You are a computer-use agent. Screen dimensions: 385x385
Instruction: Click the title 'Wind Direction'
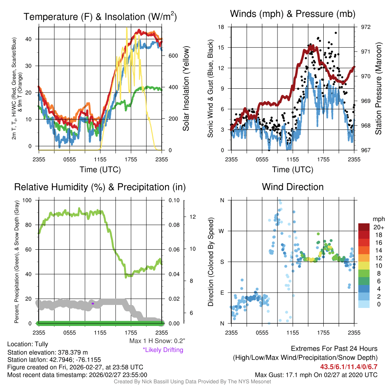(x=293, y=187)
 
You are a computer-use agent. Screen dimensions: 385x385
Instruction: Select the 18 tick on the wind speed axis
(x=221, y=27)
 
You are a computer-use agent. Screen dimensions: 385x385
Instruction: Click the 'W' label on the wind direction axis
(x=222, y=231)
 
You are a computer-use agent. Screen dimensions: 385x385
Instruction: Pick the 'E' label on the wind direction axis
(x=222, y=293)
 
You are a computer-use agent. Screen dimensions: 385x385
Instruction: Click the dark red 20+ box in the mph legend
(x=364, y=227)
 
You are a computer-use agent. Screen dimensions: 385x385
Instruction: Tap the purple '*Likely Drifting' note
(x=163, y=350)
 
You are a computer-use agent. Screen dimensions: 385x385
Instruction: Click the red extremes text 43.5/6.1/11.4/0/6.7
(x=349, y=367)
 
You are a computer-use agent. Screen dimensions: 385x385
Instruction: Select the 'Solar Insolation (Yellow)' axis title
(x=186, y=89)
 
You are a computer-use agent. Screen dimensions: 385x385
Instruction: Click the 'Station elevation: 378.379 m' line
(x=47, y=352)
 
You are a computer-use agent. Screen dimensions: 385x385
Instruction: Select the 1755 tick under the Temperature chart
(x=131, y=159)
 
